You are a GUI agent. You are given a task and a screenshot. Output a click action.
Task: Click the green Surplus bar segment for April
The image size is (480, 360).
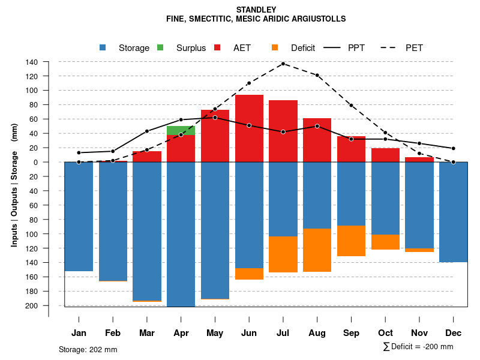click(x=181, y=131)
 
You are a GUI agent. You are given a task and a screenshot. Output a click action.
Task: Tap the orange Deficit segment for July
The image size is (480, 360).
click(x=283, y=254)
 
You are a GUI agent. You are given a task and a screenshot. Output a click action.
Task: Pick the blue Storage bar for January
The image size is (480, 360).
click(x=79, y=217)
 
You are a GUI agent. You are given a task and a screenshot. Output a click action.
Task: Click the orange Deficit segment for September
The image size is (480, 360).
click(x=351, y=241)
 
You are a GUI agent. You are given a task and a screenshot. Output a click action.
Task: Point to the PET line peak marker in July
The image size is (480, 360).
click(x=283, y=64)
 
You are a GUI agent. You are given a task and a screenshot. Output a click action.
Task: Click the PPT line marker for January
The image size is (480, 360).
click(x=79, y=152)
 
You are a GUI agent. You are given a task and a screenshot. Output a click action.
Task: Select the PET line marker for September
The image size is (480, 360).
click(x=351, y=105)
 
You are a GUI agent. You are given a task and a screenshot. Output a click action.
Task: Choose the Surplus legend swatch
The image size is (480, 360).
click(x=160, y=47)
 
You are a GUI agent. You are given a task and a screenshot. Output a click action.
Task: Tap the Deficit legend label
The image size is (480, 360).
click(x=303, y=48)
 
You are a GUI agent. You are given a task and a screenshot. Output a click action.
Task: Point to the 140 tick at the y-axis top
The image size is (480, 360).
click(x=32, y=62)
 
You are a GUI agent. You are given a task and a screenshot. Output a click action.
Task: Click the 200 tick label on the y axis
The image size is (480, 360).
click(x=32, y=305)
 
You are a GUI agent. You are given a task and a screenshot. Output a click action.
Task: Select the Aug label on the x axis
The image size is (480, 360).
click(x=317, y=333)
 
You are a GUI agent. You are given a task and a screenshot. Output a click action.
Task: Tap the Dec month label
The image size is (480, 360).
click(x=453, y=333)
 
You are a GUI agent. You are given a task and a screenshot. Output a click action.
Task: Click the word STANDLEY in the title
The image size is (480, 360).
click(x=256, y=10)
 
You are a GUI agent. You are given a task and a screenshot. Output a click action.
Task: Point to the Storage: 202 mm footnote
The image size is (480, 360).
click(x=88, y=349)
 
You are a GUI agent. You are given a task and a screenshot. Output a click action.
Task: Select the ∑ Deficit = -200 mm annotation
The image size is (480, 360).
click(x=418, y=347)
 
